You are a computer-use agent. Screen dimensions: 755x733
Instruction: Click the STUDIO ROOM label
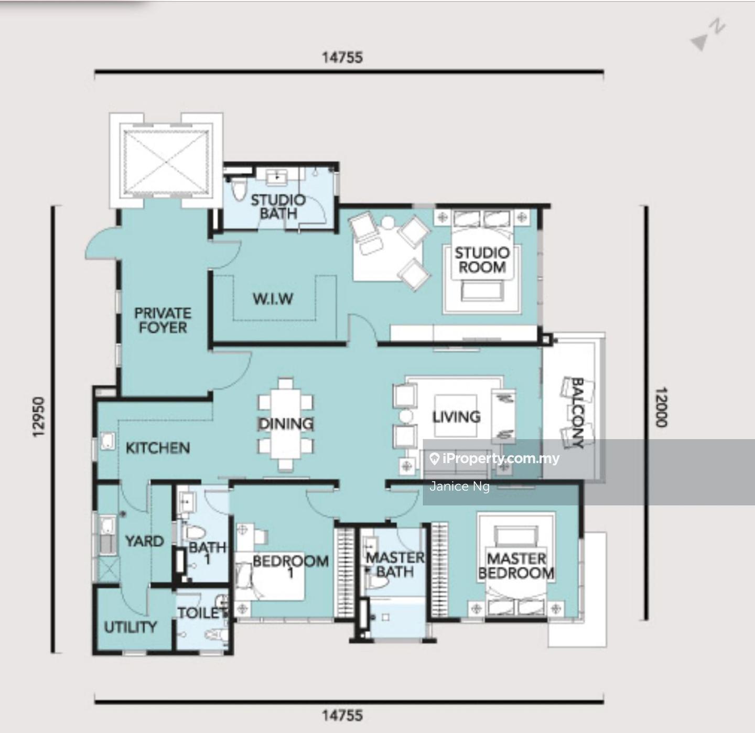tap(482, 260)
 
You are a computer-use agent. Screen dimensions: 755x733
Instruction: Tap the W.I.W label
tap(273, 299)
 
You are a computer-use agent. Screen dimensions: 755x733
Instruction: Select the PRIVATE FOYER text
tap(163, 320)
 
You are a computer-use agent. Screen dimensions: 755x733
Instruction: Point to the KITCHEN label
tap(158, 448)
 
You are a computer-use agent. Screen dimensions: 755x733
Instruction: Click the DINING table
tap(286, 424)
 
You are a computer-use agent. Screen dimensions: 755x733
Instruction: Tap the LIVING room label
tap(456, 417)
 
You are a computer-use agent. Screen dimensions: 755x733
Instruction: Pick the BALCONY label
tap(577, 413)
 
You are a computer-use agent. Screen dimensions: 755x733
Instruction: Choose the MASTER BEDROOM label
tap(516, 566)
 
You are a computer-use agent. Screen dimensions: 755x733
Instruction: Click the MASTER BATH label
tap(395, 565)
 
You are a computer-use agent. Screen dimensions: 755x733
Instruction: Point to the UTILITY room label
tap(131, 627)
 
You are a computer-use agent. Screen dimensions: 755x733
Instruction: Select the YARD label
tap(144, 541)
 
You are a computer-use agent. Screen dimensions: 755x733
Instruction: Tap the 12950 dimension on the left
tap(38, 417)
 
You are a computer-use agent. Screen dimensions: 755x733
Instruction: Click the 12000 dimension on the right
tap(662, 407)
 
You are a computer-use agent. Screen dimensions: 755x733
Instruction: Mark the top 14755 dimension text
tap(342, 58)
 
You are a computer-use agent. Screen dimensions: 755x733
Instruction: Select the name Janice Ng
tap(459, 486)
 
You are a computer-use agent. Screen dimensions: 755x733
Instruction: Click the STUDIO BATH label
tap(278, 207)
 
